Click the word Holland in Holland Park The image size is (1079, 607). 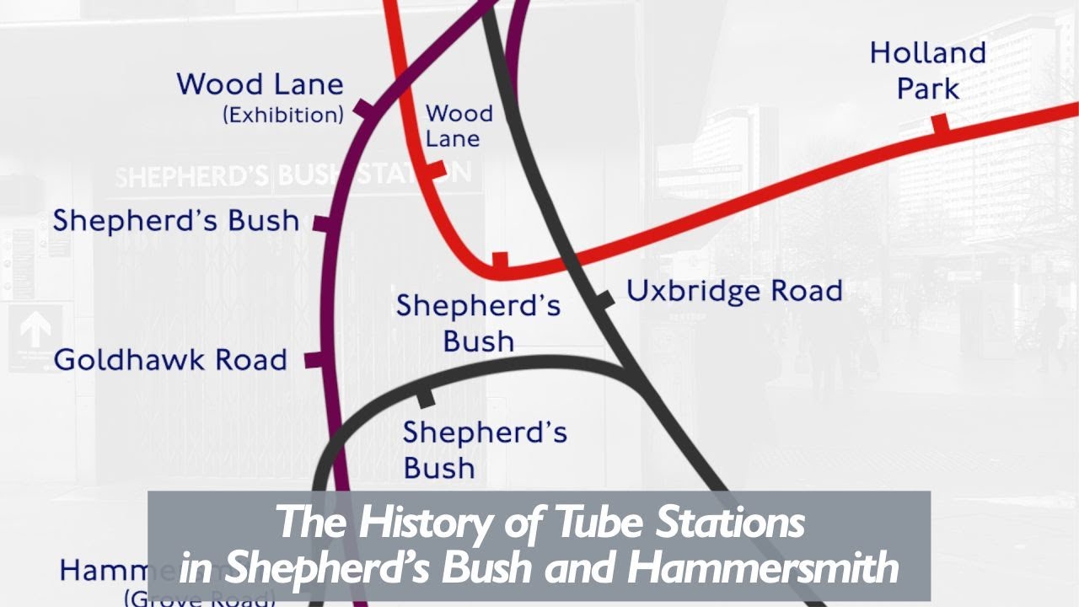pos(927,54)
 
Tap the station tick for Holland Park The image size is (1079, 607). pos(941,125)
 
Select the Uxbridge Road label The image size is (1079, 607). pos(733,292)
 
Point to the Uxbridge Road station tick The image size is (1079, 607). pos(604,298)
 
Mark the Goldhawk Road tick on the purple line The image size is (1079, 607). pos(314,360)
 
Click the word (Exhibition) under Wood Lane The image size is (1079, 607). pos(283,115)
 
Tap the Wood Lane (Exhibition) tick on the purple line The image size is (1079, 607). pos(363,110)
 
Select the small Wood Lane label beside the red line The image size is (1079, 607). pos(459,126)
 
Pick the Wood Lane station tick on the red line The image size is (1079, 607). pos(435,169)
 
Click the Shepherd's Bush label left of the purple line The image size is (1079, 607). pos(175,221)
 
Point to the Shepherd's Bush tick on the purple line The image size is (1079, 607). pos(323,223)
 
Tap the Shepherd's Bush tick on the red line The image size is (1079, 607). pos(500,261)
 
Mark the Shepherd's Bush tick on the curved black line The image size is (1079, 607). pos(426,395)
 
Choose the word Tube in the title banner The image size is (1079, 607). pos(588,523)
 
